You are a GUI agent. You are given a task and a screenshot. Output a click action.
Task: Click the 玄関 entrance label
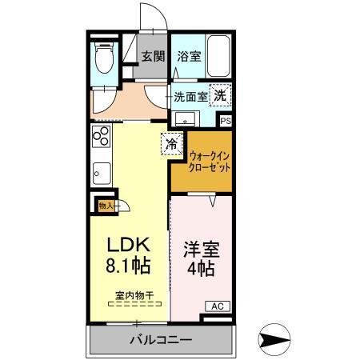(153, 57)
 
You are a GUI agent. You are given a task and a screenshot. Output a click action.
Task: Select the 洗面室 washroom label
(190, 95)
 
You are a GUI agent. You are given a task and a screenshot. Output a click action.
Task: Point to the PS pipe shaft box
(226, 122)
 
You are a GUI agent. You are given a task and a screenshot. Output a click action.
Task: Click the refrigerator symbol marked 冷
(171, 144)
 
